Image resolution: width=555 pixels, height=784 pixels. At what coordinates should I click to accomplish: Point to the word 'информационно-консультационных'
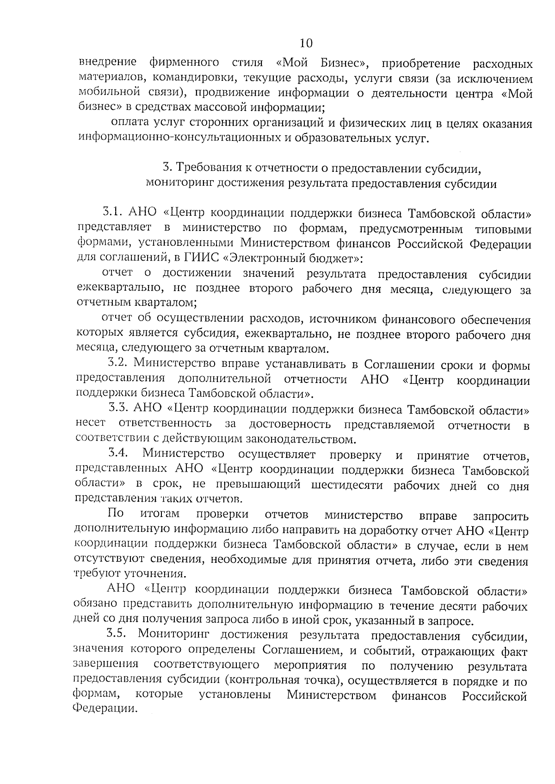(170, 139)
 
